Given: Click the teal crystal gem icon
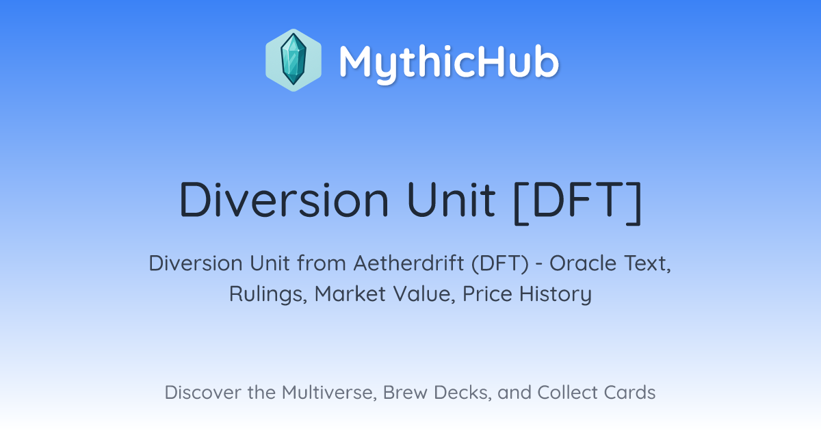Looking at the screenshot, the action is (294, 60).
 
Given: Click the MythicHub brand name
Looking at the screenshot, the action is (449, 62).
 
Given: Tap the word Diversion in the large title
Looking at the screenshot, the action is (284, 200).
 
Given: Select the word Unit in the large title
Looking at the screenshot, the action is (451, 200).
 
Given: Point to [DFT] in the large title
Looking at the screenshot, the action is (577, 202).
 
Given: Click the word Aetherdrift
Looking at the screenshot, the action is (408, 263).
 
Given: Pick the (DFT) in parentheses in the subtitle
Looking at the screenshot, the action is (500, 264).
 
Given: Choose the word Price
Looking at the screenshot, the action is (487, 293).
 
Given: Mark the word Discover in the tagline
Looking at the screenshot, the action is (203, 392).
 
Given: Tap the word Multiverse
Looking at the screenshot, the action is (329, 393).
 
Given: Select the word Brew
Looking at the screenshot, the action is (405, 392).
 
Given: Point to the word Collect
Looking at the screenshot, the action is (567, 392).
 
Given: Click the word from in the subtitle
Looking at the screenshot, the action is (322, 263).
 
